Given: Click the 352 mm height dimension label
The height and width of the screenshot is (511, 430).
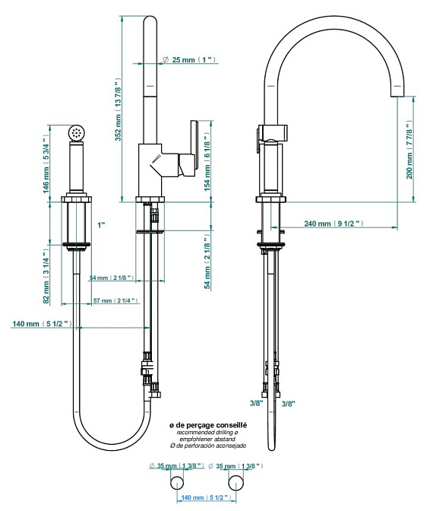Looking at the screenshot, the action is point(119,109).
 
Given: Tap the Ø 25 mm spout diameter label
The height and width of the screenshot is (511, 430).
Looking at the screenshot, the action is point(189,59).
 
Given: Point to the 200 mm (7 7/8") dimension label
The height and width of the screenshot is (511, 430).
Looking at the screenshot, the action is point(409,149).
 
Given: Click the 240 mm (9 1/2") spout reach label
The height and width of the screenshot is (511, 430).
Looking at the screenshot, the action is point(334,224).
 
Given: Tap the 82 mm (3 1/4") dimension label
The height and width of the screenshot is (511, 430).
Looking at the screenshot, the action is point(46,276).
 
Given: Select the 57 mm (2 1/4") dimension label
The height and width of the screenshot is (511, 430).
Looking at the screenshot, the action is point(115,300).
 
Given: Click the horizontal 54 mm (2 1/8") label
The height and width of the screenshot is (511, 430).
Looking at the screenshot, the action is point(112,278).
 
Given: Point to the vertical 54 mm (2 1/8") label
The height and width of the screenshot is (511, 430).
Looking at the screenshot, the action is point(207,261).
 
